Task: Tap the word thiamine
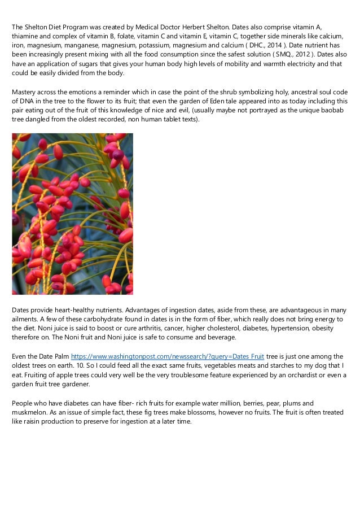[x=25, y=36]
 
